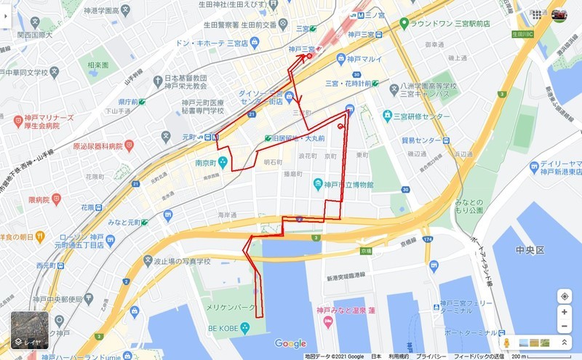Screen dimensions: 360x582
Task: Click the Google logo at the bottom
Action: click(x=290, y=343)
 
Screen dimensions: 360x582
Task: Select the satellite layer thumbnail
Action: click(x=29, y=331)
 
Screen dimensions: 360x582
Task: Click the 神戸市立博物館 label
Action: click(x=347, y=185)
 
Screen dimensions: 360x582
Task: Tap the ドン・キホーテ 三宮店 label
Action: click(x=212, y=43)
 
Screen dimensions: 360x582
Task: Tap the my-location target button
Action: click(x=565, y=296)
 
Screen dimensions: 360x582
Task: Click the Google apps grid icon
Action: click(x=537, y=15)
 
